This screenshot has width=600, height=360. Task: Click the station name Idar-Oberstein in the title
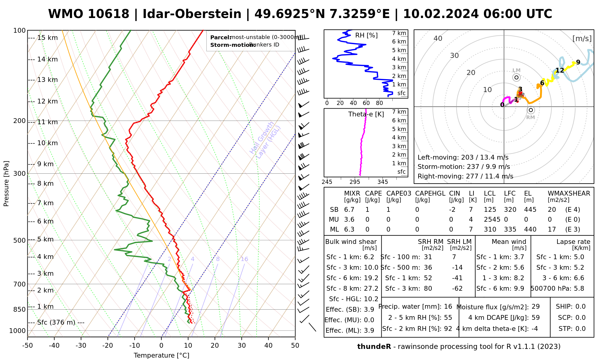coord(192,14)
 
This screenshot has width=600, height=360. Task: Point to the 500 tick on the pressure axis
coord(20,240)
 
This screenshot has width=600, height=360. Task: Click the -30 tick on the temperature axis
coord(81,346)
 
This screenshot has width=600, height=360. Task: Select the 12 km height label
coord(47,101)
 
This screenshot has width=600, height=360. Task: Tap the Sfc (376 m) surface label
coord(56,322)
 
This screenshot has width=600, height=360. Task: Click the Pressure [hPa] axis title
coord(6,184)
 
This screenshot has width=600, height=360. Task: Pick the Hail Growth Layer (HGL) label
coord(265,140)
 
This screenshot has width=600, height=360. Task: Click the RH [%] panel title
coord(366,35)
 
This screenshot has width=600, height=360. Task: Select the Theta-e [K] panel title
coord(366,114)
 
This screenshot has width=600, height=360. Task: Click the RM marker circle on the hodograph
coord(531,110)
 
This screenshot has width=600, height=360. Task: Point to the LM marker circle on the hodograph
coord(516,77)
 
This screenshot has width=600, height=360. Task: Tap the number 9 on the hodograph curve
coord(578,62)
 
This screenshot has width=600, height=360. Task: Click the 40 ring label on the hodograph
coord(438,38)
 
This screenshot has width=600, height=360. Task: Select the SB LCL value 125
coord(490,210)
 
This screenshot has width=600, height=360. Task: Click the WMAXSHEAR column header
coord(569,193)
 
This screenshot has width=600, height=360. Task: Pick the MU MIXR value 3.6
coord(349,220)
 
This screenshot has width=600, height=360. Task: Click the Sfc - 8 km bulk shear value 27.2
coord(371,289)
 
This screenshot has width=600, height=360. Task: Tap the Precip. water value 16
coord(448,307)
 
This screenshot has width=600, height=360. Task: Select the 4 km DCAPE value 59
coord(535,318)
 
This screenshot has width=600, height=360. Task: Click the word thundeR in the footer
coord(374,347)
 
